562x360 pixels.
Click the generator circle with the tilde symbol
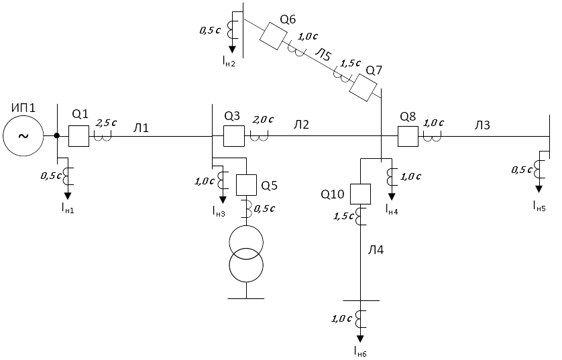pos(23,136)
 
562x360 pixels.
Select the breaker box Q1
pos(78,136)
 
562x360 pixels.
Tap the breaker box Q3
pos(234,136)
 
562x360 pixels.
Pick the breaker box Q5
pos(246,185)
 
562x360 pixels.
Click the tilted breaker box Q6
pos(274,36)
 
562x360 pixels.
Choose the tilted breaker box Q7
pos(363,87)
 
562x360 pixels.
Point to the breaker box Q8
pos(408,136)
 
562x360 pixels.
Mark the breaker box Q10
pos(360,194)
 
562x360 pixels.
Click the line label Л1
pos(141,127)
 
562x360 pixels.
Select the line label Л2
pos(301,124)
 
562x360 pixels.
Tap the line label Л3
pos(482,125)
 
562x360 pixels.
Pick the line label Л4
pos(376,250)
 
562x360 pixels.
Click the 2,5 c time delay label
pos(106,123)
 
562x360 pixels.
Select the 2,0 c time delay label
pos(263,119)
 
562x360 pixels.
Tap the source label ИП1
pos(23,107)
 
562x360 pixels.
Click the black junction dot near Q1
pos(56,136)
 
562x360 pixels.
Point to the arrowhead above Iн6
pos(360,339)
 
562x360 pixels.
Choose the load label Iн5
pos(539,206)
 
